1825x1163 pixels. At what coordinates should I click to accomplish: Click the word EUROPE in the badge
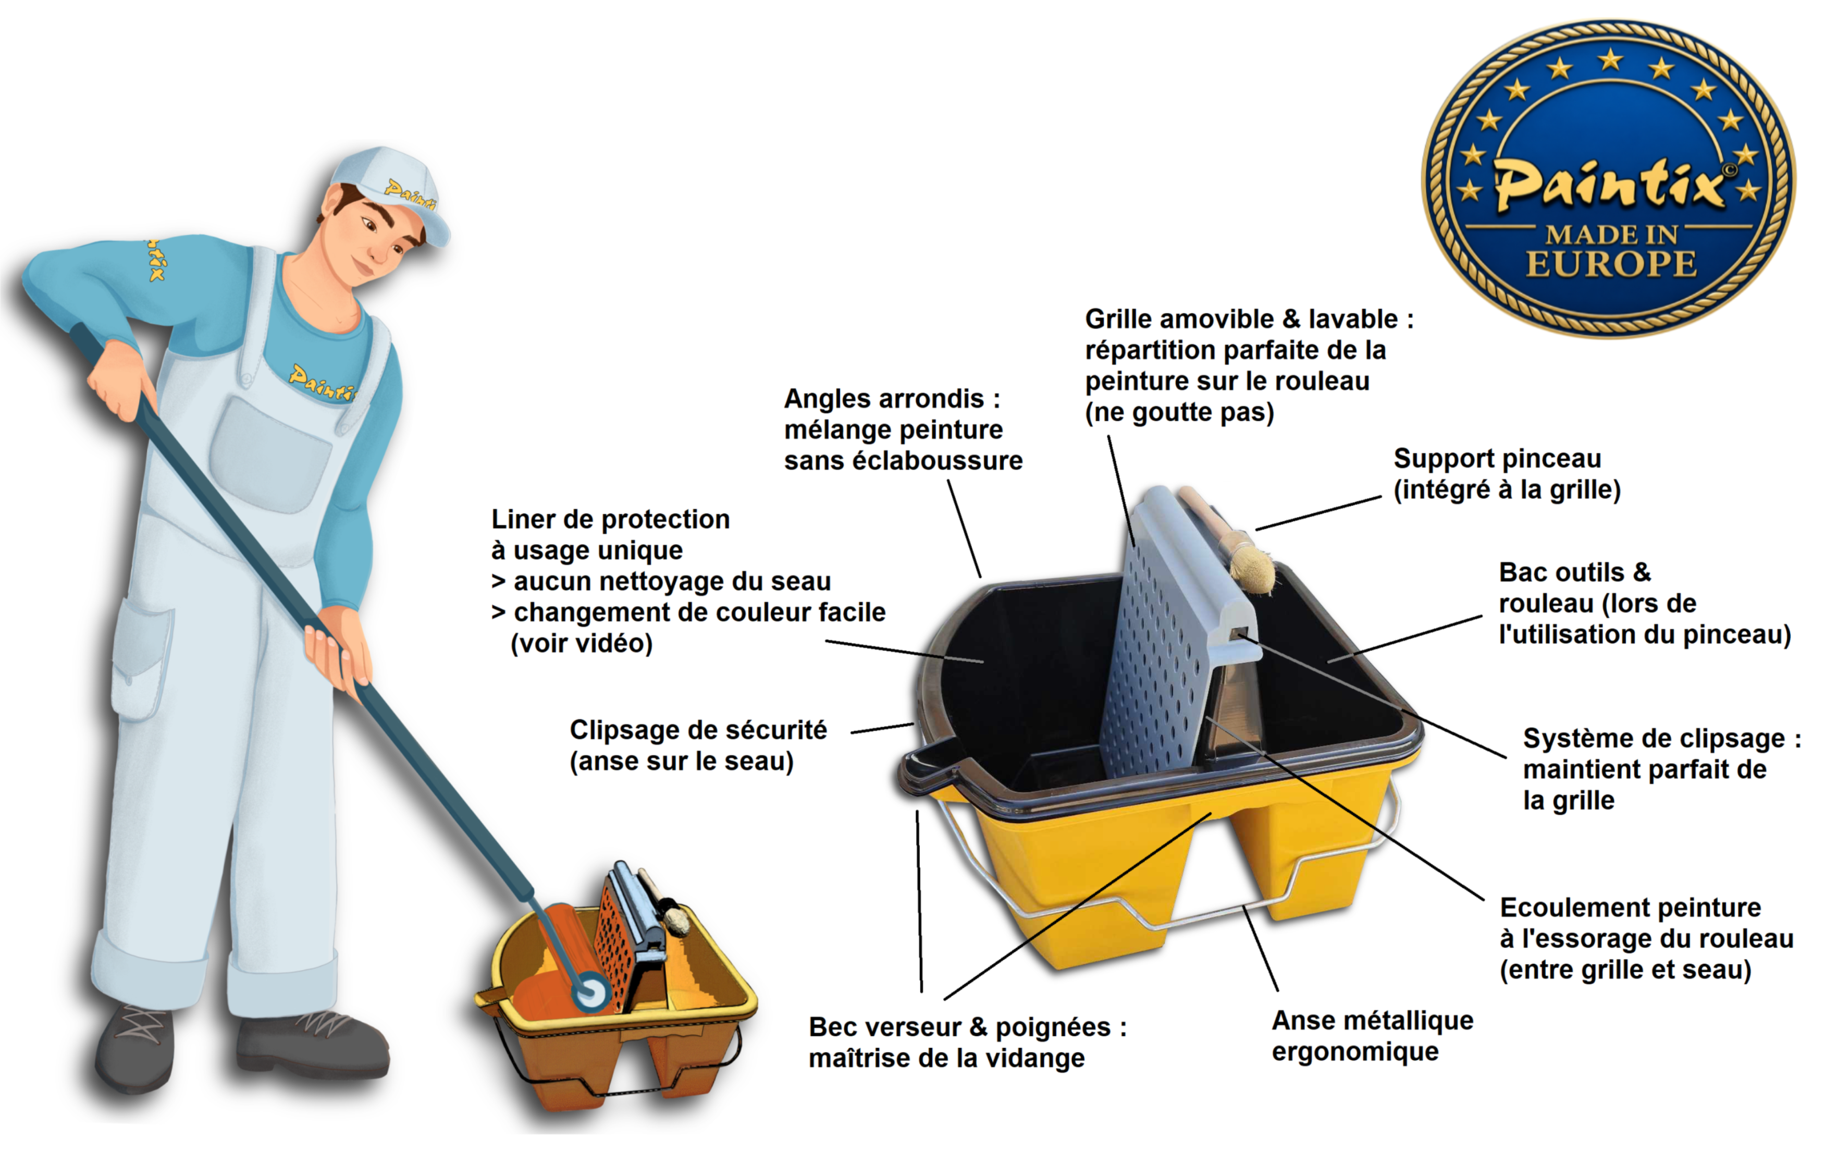[x=1611, y=264]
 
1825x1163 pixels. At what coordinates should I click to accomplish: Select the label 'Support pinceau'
[x=1497, y=459]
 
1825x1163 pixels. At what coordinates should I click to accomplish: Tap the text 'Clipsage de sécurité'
[x=698, y=730]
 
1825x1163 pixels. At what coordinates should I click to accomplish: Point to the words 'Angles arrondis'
[x=884, y=399]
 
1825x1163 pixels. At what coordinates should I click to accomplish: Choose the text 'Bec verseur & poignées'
[x=959, y=1027]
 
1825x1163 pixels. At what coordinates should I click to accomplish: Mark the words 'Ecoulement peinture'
[x=1630, y=908]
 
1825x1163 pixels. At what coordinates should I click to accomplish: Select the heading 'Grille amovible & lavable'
[x=1241, y=319]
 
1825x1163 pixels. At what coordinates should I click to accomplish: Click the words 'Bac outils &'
[x=1575, y=572]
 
